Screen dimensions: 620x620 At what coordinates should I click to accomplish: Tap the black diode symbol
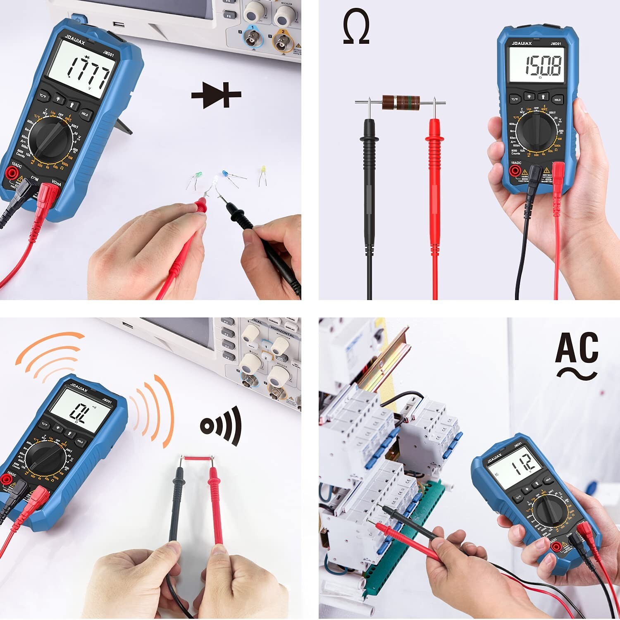216,95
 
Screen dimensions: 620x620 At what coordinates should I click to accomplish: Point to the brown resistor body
401,103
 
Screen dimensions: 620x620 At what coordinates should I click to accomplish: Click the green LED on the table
198,176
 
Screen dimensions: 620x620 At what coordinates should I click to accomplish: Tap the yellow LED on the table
262,170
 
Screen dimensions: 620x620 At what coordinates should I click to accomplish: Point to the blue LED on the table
225,173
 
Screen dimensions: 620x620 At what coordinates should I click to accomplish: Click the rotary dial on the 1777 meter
51,138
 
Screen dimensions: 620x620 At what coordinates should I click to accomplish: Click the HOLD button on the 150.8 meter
557,100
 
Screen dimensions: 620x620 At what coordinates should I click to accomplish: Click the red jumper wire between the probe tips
197,458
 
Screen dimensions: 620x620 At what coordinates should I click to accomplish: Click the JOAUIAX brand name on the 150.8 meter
522,43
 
